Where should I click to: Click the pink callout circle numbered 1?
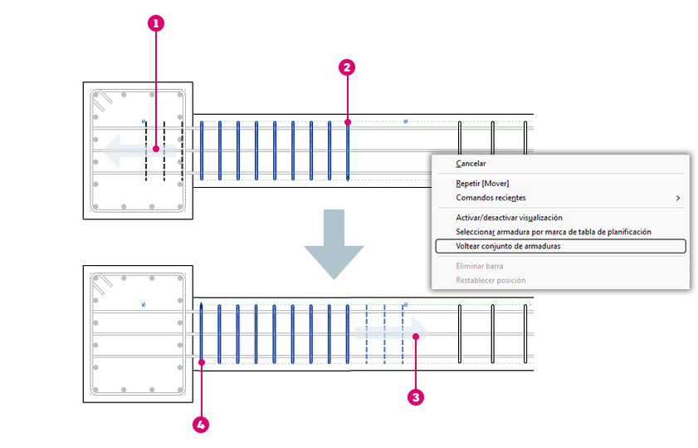click(156, 23)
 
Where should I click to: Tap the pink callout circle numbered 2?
click(347, 68)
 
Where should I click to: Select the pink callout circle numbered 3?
click(416, 396)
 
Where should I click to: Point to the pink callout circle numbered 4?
click(201, 425)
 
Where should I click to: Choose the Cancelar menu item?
click(471, 164)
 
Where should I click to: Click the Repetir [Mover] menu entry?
click(482, 183)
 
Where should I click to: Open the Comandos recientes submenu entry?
click(491, 198)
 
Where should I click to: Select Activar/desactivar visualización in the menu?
click(509, 218)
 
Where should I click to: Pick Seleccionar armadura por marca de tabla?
click(554, 232)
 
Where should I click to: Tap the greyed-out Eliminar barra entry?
click(480, 266)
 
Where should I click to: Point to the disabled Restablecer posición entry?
click(491, 280)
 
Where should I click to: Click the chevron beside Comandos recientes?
click(678, 198)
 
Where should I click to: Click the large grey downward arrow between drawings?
click(334, 244)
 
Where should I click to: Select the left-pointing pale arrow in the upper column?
click(139, 150)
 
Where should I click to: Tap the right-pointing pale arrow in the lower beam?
click(393, 333)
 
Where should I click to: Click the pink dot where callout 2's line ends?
click(348, 122)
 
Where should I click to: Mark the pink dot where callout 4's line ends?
click(202, 362)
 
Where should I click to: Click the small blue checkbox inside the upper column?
click(144, 121)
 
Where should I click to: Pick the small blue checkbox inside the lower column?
click(144, 305)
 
